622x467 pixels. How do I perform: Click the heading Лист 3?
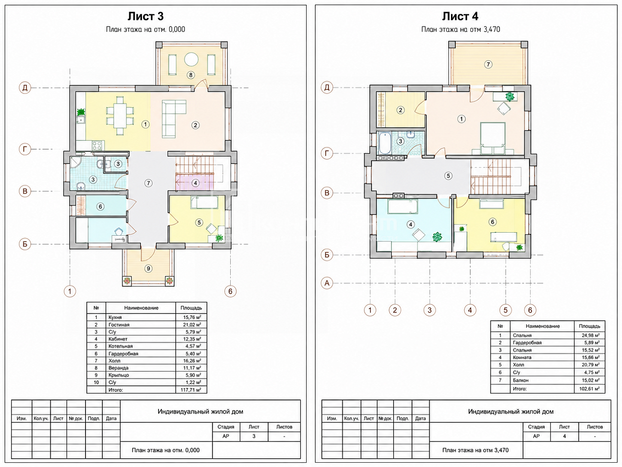(x=146, y=16)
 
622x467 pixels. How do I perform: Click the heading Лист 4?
(x=460, y=16)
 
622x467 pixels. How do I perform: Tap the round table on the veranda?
(x=191, y=59)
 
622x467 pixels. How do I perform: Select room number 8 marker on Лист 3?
(x=191, y=75)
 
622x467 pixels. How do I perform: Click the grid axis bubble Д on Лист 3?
(x=25, y=88)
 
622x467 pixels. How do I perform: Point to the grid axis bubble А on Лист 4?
(x=327, y=283)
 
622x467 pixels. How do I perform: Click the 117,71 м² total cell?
(x=191, y=390)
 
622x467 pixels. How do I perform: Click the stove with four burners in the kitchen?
(x=97, y=146)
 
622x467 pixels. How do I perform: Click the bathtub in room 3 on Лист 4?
(x=385, y=143)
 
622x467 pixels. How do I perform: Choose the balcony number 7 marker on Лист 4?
(x=488, y=64)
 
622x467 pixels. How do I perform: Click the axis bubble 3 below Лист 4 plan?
(x=430, y=310)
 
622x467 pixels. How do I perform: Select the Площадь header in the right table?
(x=590, y=326)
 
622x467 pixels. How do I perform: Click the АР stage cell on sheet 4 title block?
(x=536, y=436)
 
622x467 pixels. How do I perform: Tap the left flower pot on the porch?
(x=127, y=281)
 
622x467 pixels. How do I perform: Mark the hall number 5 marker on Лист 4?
(x=448, y=176)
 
